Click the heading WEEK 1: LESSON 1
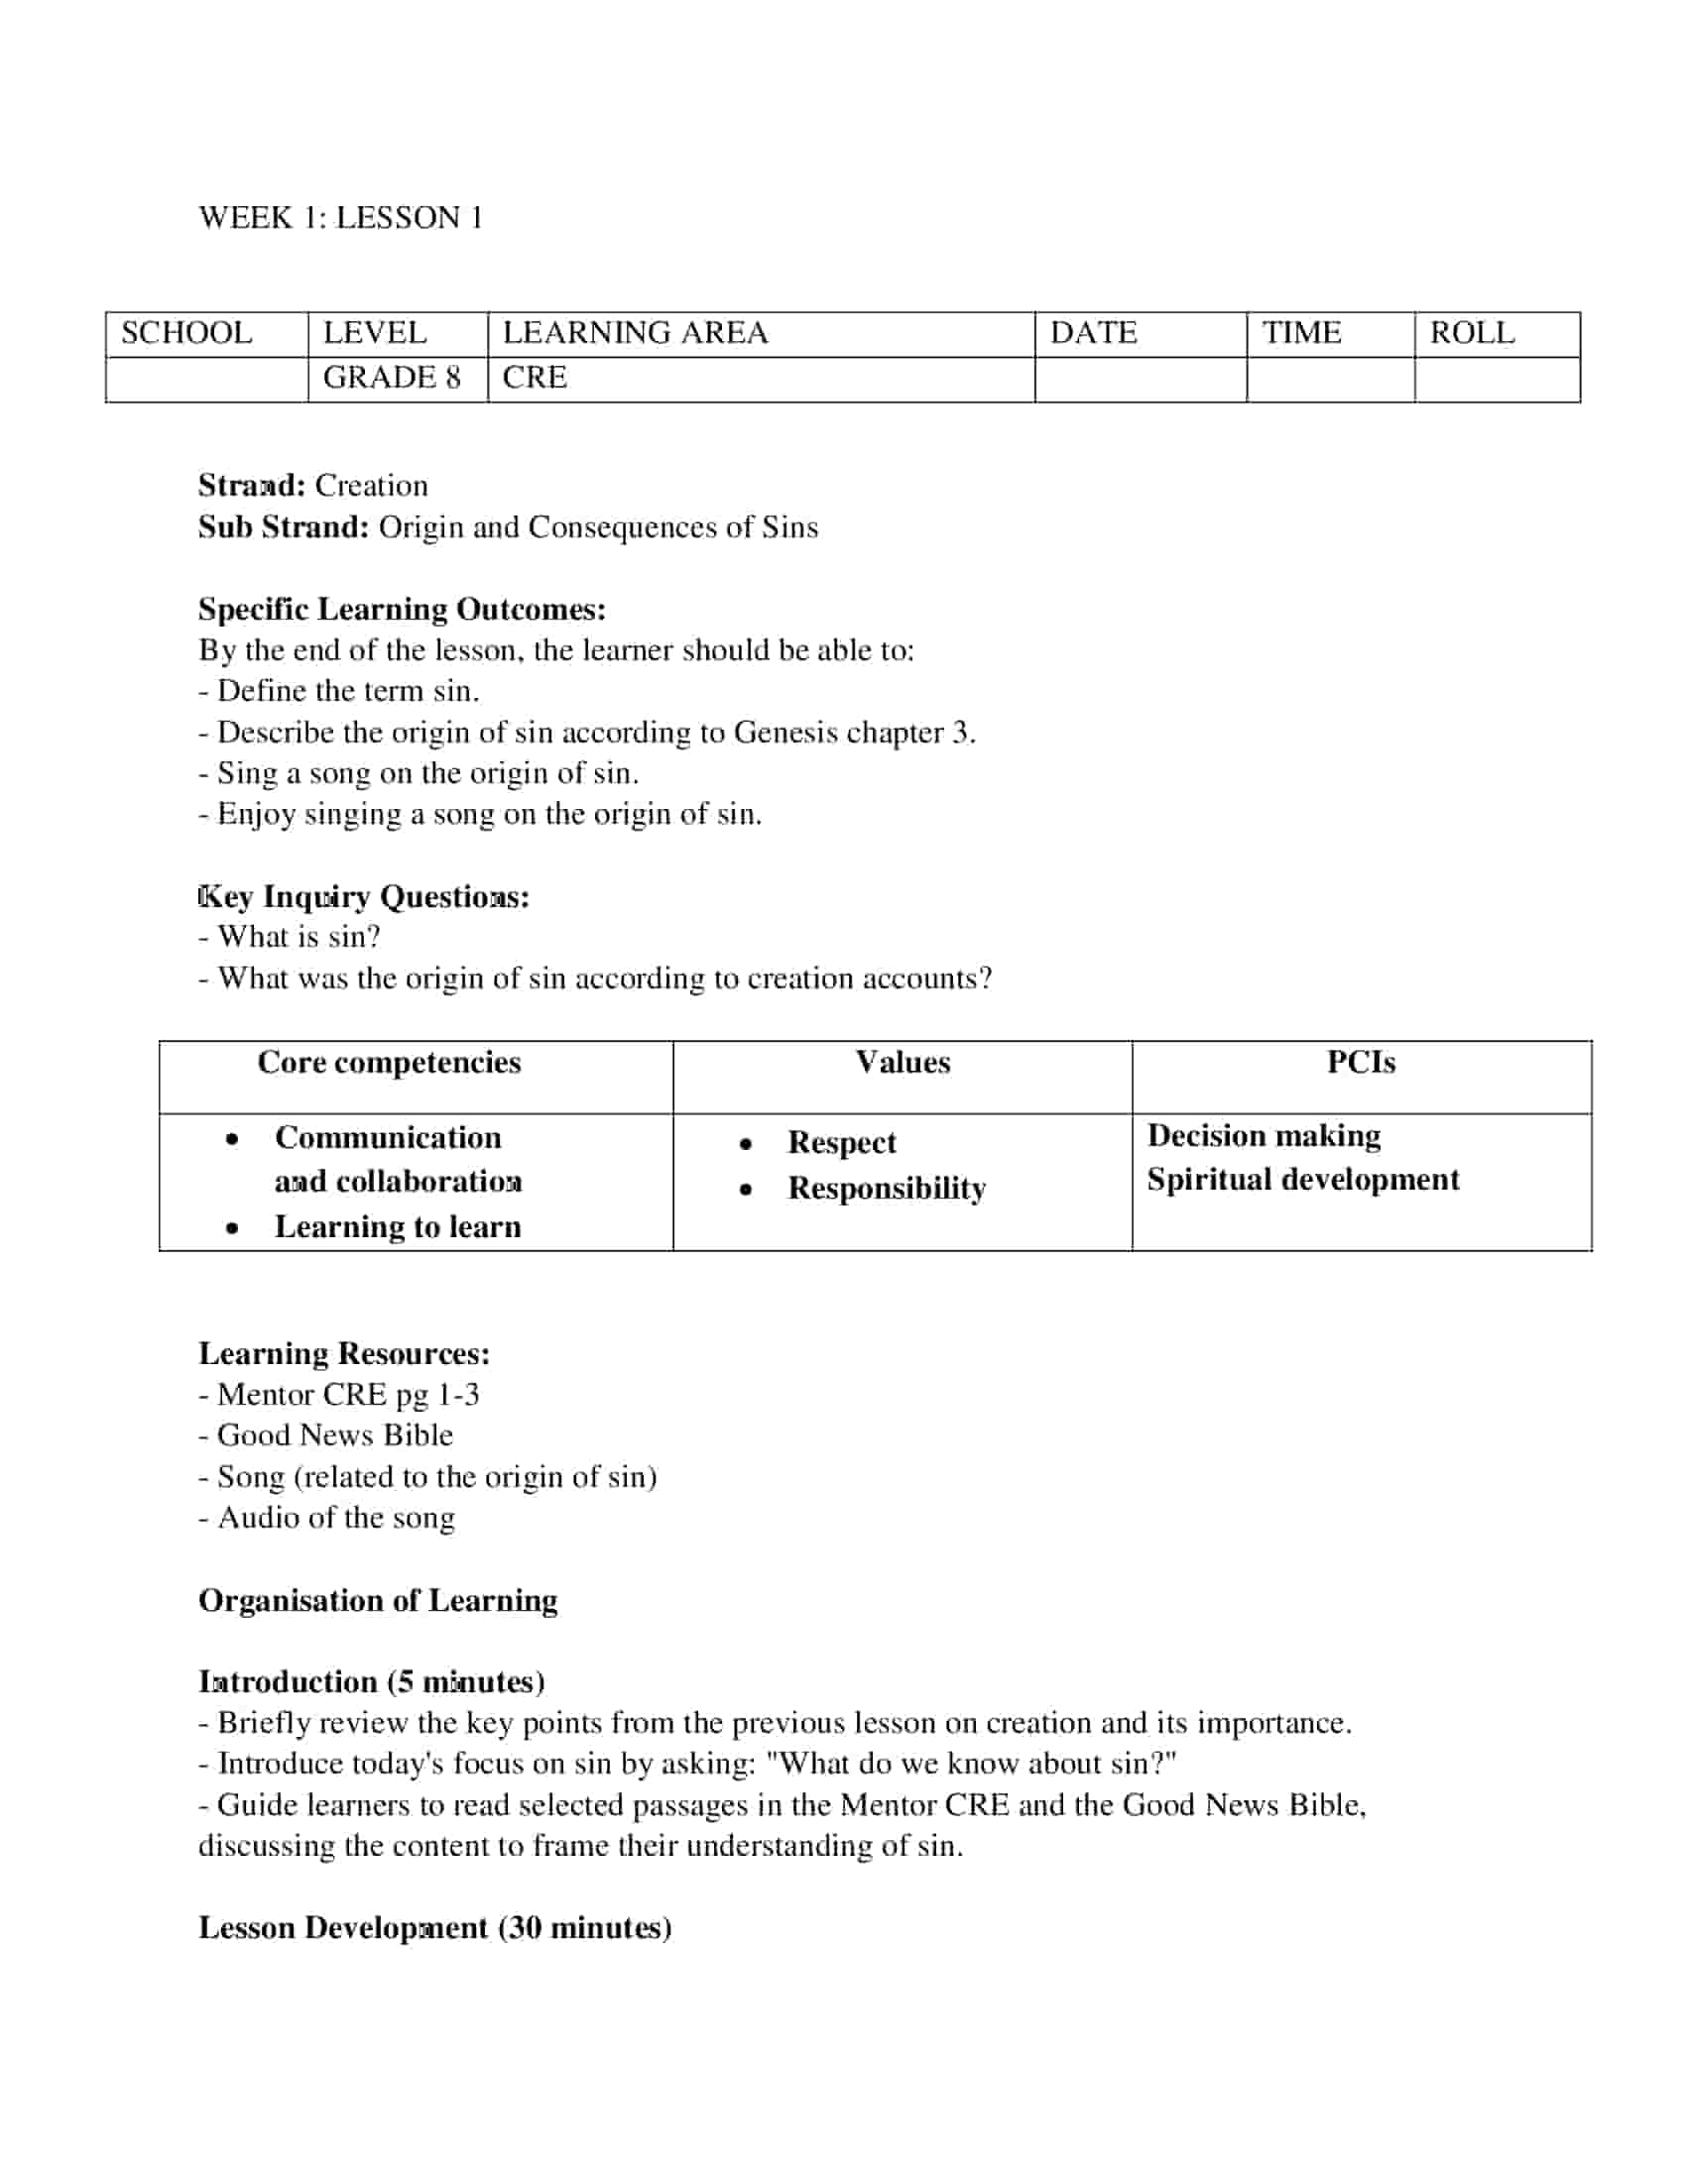pyautogui.click(x=340, y=218)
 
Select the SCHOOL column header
pyautogui.click(x=185, y=332)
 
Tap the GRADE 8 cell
pyautogui.click(x=392, y=378)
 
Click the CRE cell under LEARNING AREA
pyautogui.click(x=535, y=378)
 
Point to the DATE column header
pyautogui.click(x=1093, y=332)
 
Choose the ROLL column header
pyautogui.click(x=1471, y=332)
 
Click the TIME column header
pyautogui.click(x=1300, y=332)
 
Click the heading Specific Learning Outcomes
pyautogui.click(x=402, y=609)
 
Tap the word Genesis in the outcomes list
pyautogui.click(x=785, y=733)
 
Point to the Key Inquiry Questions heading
pyautogui.click(x=364, y=897)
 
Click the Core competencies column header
pyautogui.click(x=389, y=1063)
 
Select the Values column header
pyautogui.click(x=902, y=1063)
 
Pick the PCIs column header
pyautogui.click(x=1361, y=1063)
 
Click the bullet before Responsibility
pyautogui.click(x=745, y=1190)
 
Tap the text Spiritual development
pyautogui.click(x=1302, y=1180)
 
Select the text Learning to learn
pyautogui.click(x=398, y=1226)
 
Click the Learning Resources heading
pyautogui.click(x=344, y=1353)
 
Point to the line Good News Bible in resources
pyautogui.click(x=334, y=1435)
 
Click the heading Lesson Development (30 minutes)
pyautogui.click(x=434, y=1927)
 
